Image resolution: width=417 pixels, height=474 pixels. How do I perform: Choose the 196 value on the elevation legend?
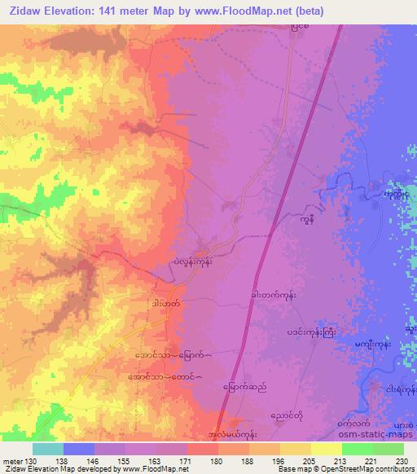[278, 460]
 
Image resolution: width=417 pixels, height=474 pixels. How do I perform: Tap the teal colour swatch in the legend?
[48, 449]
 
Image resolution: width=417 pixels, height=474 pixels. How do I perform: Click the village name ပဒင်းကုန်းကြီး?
[309, 331]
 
